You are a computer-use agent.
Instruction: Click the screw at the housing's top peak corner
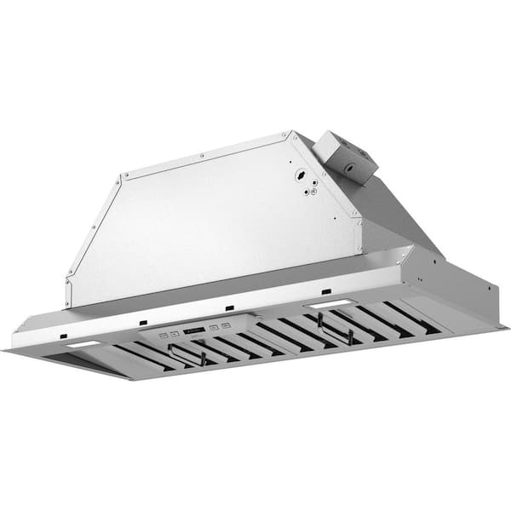point(290,134)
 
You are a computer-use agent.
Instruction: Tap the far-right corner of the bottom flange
point(508,326)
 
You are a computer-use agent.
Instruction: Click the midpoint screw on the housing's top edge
point(202,155)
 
